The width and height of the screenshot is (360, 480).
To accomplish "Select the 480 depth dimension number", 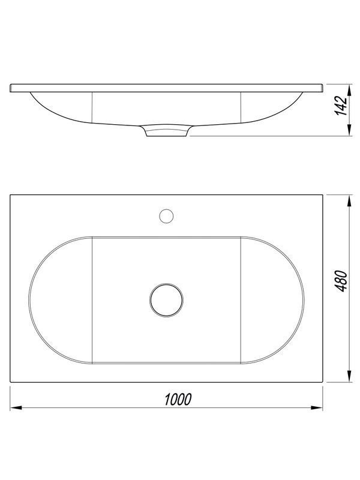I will [x=341, y=280].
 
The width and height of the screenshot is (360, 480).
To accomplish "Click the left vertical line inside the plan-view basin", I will [x=92, y=299].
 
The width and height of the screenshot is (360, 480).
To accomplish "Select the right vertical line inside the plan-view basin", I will [x=241, y=299].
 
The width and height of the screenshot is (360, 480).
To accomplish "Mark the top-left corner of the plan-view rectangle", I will [x=11, y=194].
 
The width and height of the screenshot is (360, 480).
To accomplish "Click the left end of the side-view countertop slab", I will [x=12, y=88].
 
